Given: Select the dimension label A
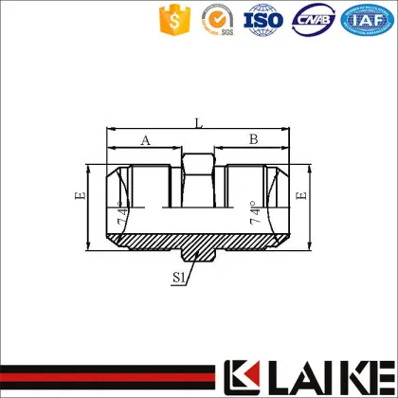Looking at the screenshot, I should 145,139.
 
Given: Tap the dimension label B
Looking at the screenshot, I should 253,139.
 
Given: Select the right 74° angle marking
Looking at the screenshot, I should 256,214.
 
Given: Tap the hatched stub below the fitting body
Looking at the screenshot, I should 199,251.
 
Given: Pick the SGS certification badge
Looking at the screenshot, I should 220,20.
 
